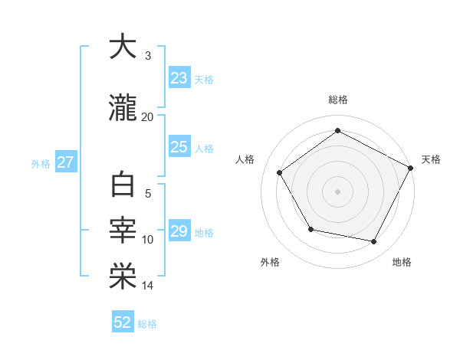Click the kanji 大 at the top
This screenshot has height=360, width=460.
pos(122,47)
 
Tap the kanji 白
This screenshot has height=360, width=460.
pos(122,187)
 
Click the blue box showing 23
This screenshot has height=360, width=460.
pos(179,77)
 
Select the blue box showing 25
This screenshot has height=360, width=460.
pos(179,147)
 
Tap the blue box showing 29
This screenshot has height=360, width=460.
pos(179,231)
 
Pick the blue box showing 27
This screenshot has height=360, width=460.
pos(65,162)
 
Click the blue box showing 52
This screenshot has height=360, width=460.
pos(123,322)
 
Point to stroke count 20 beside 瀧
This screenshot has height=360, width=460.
pos(148,116)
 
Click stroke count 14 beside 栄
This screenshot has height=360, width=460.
pos(148,286)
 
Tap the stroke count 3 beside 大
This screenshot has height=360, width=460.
pos(148,56)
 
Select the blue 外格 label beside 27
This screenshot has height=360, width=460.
pos(40,163)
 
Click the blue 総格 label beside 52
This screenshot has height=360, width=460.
pos(147,324)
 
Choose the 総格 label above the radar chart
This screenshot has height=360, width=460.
pos(337,100)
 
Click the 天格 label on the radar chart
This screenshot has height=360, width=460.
pos(431,159)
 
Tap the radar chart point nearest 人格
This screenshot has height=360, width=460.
pos(280,173)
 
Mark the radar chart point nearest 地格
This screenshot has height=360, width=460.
pos(374,242)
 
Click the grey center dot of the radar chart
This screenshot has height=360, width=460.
pos(337,191)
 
